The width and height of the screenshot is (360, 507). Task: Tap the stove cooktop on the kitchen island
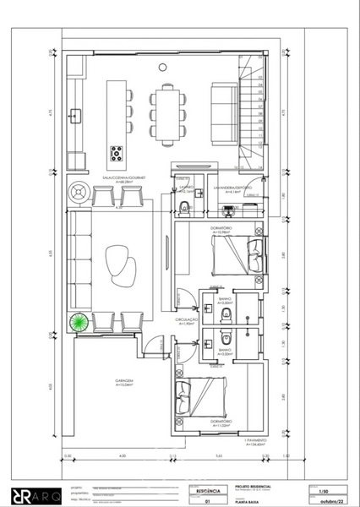click(x=116, y=155)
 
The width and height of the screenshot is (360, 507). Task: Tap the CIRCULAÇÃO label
click(x=186, y=320)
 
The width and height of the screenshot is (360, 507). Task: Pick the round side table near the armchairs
click(x=80, y=190)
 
